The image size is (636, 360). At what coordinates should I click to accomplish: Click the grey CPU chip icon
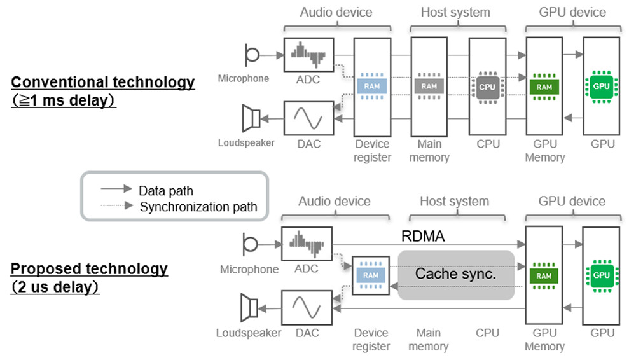(487, 87)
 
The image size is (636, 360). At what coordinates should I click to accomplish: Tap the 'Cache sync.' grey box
(455, 274)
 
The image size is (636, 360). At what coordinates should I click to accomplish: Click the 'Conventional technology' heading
(103, 83)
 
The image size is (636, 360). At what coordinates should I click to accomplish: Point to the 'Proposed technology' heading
(89, 268)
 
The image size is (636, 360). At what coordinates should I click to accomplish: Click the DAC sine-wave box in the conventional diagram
(309, 118)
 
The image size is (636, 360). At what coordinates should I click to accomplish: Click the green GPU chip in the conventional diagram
(601, 87)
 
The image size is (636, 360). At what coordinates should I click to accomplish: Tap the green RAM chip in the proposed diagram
(544, 275)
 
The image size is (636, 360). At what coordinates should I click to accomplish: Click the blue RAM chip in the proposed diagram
(371, 275)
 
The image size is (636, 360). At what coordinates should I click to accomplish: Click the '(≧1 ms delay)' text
(64, 101)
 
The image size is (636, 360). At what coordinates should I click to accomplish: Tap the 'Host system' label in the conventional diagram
(455, 12)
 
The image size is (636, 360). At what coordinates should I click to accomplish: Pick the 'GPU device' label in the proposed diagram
(572, 202)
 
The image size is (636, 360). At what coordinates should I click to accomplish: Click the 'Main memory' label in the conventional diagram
(429, 151)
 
